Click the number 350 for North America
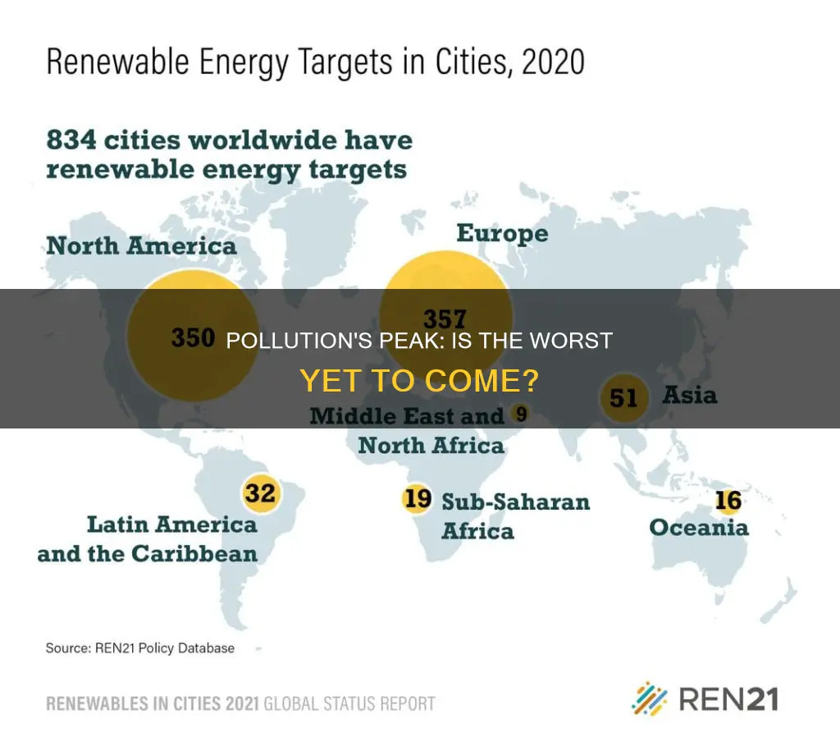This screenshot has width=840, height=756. point(193,338)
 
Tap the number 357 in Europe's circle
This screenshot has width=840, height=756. point(445,319)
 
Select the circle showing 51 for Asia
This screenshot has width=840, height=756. point(623,398)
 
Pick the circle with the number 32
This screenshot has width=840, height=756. point(260,493)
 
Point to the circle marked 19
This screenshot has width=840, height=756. point(417,498)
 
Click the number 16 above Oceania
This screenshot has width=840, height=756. point(728,501)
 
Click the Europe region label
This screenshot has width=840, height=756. point(503,234)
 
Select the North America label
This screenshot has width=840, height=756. point(141,246)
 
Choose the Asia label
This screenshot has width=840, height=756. point(690,395)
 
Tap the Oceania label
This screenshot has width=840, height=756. point(699,528)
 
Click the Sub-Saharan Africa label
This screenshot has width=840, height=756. point(515,516)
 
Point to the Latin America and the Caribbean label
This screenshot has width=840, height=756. point(148,538)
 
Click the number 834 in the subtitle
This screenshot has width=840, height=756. point(72,140)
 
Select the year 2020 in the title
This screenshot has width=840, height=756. point(553,62)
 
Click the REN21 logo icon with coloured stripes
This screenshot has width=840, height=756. point(650,699)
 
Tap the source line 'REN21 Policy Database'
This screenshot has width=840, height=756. point(164,648)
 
